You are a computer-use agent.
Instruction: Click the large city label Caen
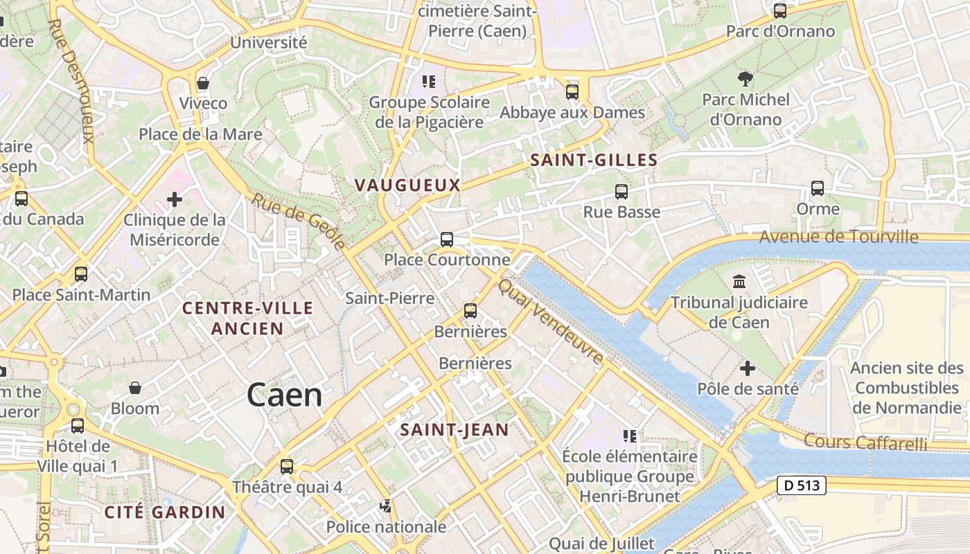coord(285,395)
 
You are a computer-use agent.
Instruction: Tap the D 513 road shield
coord(802,485)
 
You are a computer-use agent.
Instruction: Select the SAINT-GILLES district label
coord(594,160)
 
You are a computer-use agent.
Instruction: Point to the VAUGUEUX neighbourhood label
coord(407,185)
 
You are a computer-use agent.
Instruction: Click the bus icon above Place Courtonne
coord(447,240)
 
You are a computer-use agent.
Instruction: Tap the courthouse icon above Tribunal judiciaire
coord(739,282)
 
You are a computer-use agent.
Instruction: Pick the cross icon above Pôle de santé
coord(747,368)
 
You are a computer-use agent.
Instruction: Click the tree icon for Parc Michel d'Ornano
coord(746,78)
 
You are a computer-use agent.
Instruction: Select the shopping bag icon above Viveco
coord(203,83)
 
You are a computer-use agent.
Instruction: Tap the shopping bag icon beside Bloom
coord(135,388)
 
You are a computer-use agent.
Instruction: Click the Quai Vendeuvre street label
coord(552,321)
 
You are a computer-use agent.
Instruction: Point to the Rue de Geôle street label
coord(298,221)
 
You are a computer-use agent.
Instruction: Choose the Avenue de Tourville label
coord(838,237)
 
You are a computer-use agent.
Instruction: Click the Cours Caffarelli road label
coord(865,442)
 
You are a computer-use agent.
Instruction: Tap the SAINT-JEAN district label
coord(455,429)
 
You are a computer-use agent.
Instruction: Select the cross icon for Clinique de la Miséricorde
coord(175,200)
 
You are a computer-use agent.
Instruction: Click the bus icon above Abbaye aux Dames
coord(572,91)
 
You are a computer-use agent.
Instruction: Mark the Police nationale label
coord(386,527)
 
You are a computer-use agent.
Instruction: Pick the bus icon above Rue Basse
coord(621,192)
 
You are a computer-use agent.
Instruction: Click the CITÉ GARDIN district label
coord(165,512)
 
